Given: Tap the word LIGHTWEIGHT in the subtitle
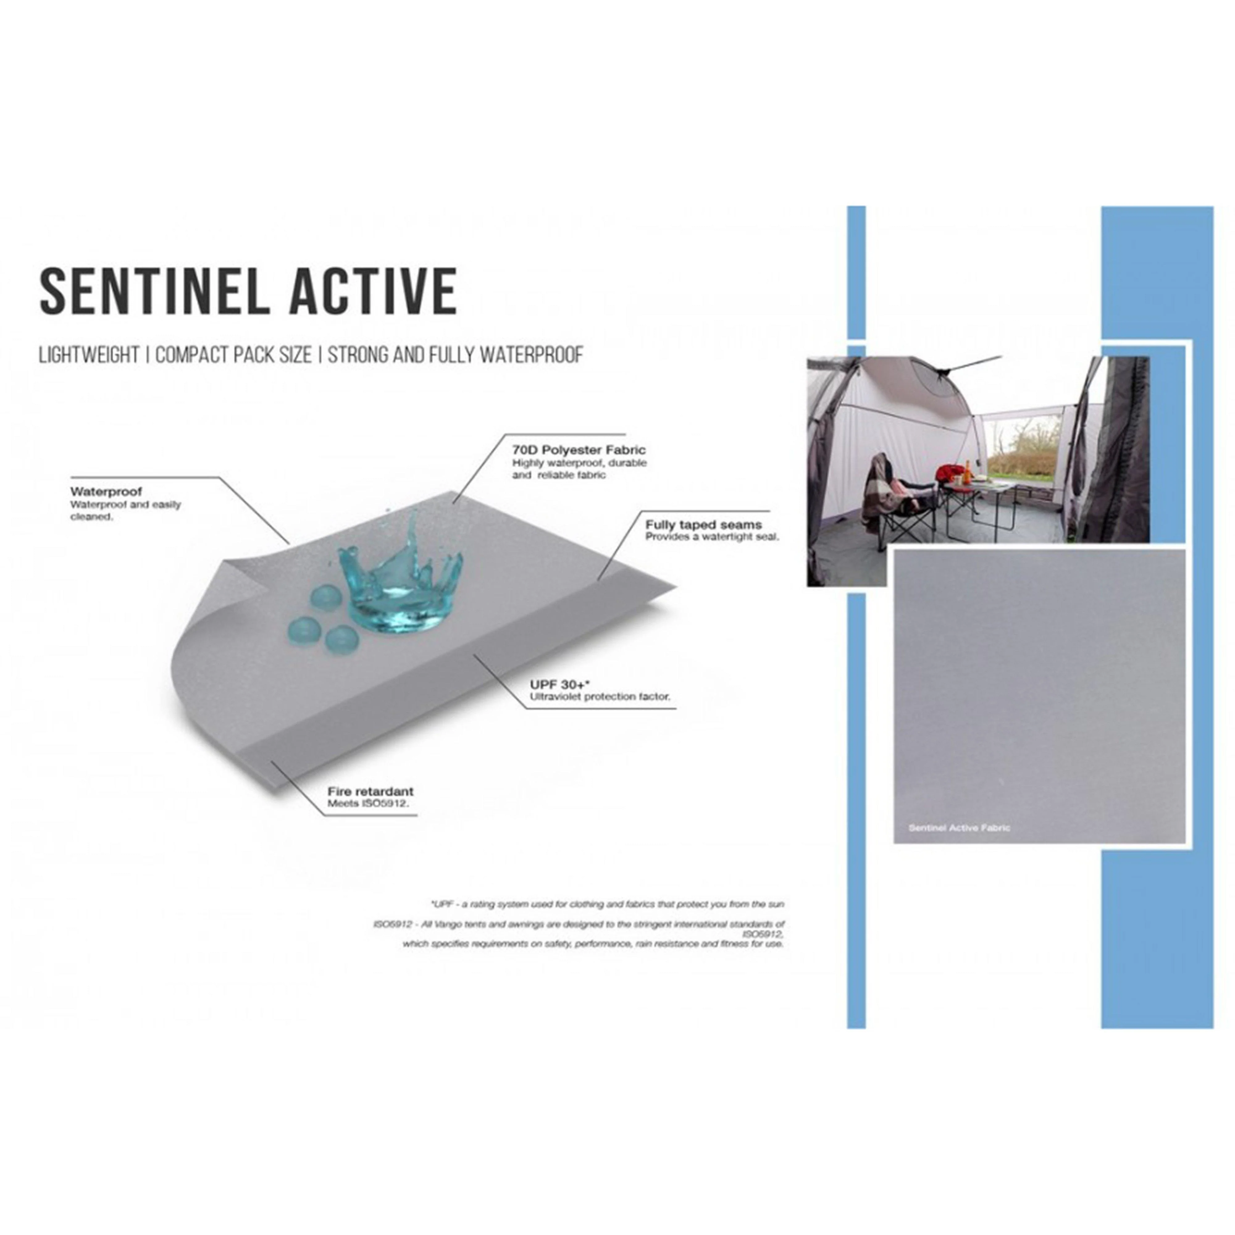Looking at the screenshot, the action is pos(89,355).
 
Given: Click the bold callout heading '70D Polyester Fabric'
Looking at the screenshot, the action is pos(579,450).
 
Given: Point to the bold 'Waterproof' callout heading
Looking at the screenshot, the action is pos(106,492).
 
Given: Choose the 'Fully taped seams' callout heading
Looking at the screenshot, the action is pos(703,525).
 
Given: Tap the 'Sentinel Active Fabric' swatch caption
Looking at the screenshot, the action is pos(959,828).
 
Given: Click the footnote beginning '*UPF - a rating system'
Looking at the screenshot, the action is pos(607,904).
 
